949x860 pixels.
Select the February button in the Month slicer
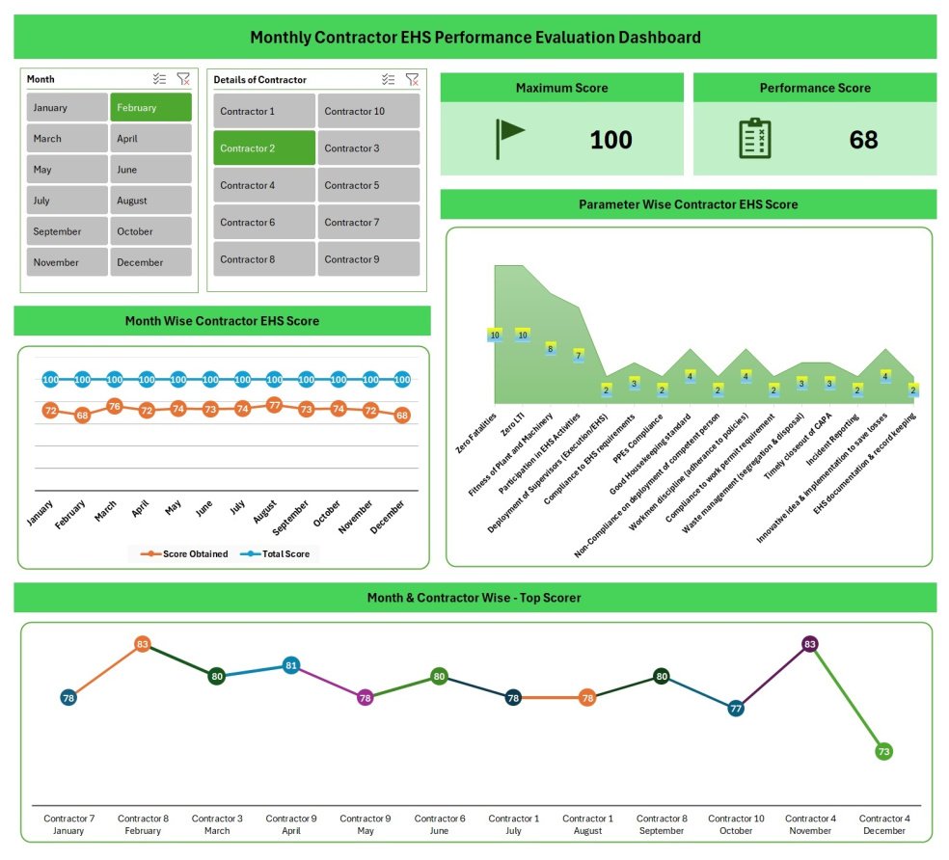click(x=150, y=107)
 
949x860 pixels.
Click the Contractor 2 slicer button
click(x=263, y=148)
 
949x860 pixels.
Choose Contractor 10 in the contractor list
click(x=368, y=111)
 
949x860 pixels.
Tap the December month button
click(x=150, y=262)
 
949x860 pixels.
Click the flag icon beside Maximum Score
click(x=509, y=139)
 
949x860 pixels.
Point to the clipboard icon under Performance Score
click(x=754, y=139)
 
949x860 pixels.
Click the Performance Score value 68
click(x=863, y=140)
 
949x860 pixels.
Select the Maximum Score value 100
click(x=610, y=140)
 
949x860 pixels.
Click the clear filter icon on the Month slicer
click(x=183, y=79)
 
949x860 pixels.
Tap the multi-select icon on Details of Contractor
click(x=388, y=79)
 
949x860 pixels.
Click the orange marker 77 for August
click(x=274, y=405)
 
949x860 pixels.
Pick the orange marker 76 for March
click(x=114, y=406)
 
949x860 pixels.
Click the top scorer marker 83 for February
click(x=143, y=644)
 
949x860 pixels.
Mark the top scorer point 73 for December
click(x=884, y=751)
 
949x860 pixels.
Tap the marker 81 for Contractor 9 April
click(x=291, y=665)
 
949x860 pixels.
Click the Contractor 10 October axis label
click(x=735, y=824)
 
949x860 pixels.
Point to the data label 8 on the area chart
click(x=551, y=349)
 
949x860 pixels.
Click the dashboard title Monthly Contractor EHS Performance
click(x=474, y=38)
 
